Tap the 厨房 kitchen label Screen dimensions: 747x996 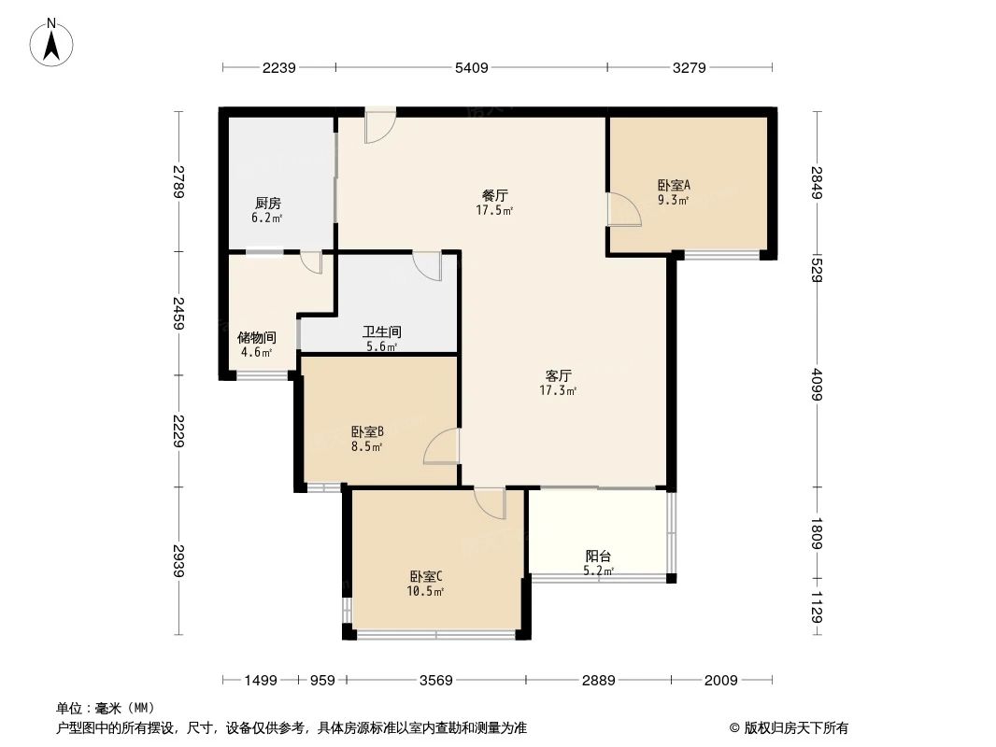pos(267,204)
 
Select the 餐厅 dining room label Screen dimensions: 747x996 pos(495,196)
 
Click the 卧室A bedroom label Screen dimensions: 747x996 pos(673,186)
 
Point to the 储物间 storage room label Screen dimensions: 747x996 pos(256,338)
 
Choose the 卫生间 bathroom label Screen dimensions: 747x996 pos(381,331)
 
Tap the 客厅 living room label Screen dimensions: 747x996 pos(558,376)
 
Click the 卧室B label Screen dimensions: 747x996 pos(367,432)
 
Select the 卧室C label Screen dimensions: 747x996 pos(426,576)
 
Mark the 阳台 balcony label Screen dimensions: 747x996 pos(598,556)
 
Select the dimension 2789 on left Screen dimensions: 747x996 pos(178,180)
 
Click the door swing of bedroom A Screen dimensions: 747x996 pos(624,209)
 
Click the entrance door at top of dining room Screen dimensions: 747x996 pos(379,126)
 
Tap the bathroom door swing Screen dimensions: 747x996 pos(428,266)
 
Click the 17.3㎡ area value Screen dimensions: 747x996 pos(558,391)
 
